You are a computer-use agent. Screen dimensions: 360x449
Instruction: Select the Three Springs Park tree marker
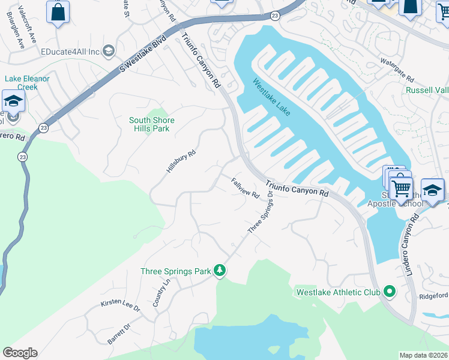220,271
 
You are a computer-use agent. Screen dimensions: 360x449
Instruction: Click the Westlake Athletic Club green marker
390,292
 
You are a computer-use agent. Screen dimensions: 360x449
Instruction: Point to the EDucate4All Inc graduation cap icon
109,52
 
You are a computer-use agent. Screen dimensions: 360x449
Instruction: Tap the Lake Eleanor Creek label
27,83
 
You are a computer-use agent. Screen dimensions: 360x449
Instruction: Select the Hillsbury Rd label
181,162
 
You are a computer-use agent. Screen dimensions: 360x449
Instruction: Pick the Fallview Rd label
245,187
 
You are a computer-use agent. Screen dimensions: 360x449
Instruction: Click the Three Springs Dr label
261,212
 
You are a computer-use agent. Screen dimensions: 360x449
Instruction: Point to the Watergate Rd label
397,71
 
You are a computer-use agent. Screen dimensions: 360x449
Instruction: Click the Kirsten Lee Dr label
120,307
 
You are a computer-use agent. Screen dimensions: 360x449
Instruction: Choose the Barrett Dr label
119,335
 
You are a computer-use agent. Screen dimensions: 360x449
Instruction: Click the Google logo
20,353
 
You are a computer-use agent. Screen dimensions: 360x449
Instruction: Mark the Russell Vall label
427,90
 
